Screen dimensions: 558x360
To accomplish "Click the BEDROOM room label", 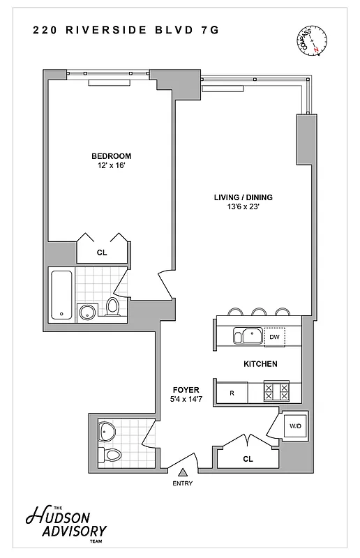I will point(111,156).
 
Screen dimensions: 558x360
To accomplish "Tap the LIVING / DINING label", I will point(243,197).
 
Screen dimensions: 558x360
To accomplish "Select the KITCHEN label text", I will point(260,364).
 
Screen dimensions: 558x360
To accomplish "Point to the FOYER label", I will point(186,389).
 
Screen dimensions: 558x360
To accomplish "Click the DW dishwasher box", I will point(275,338).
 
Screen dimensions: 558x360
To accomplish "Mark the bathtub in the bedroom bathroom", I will point(61,296).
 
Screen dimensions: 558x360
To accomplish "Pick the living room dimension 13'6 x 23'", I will point(243,207).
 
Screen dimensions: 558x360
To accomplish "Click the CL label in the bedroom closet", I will point(102,252).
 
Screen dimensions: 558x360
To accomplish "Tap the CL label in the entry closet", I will point(248,459).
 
